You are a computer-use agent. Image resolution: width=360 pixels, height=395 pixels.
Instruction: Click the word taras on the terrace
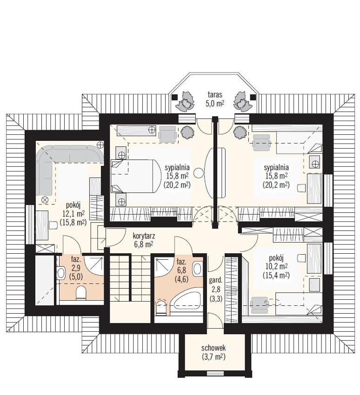click(x=215, y=95)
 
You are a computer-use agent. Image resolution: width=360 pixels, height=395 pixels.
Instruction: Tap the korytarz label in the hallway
click(x=144, y=236)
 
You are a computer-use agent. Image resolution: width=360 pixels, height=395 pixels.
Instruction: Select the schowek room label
click(x=213, y=348)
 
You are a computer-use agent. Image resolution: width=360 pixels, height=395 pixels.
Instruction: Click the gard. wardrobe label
click(x=215, y=280)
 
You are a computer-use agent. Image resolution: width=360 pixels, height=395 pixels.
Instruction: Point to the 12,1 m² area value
click(x=73, y=214)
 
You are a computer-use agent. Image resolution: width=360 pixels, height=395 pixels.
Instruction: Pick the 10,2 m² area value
click(x=276, y=266)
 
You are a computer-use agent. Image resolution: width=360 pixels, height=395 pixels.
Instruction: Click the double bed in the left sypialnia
click(x=136, y=176)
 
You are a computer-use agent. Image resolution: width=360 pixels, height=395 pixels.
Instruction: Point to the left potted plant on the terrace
click(x=186, y=100)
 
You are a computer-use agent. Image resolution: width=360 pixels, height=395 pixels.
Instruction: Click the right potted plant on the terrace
click(x=242, y=100)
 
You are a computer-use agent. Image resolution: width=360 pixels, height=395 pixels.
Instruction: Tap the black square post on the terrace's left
click(x=174, y=97)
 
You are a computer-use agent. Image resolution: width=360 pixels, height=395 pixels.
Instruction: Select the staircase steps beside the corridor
click(x=120, y=277)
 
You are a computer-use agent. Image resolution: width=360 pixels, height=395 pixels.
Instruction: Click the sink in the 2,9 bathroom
click(x=60, y=273)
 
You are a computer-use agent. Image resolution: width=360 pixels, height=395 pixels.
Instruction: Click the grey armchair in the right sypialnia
click(x=261, y=143)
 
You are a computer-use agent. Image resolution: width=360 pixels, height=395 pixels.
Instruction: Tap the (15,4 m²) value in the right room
click(x=276, y=276)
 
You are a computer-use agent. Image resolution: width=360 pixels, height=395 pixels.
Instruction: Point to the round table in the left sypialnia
click(x=199, y=173)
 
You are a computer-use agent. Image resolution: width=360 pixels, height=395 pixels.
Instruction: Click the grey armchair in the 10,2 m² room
click(x=259, y=305)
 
